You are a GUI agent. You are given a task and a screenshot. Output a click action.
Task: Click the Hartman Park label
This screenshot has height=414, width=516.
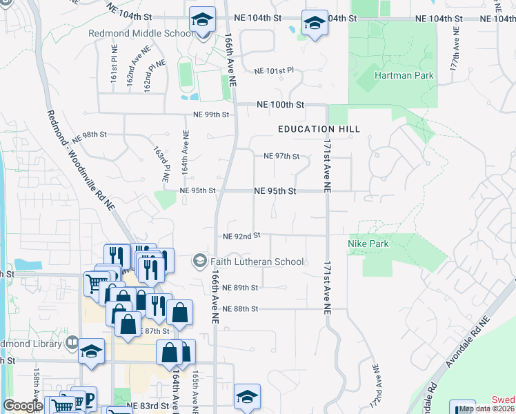[x=405, y=75]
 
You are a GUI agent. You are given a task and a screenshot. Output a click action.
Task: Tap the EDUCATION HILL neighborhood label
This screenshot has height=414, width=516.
[x=310, y=129]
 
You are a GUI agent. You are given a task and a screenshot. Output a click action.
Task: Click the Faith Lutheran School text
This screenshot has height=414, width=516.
[x=258, y=262]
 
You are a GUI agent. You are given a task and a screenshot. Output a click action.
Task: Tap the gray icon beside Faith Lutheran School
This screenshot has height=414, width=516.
[x=200, y=261]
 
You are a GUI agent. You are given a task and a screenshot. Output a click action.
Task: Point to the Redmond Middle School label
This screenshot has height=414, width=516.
[x=141, y=33]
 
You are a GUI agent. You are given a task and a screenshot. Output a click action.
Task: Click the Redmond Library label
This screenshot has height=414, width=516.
[x=31, y=343]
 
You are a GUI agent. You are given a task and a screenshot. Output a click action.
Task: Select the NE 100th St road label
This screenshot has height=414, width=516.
[x=280, y=105]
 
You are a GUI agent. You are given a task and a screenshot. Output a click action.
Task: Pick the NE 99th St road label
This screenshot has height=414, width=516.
[x=210, y=114]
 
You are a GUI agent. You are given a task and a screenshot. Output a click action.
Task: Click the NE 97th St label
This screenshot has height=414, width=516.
[x=281, y=156]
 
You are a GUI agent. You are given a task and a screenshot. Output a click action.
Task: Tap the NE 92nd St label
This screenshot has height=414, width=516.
[x=241, y=235]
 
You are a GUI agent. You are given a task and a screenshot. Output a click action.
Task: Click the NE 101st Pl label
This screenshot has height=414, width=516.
[x=274, y=70]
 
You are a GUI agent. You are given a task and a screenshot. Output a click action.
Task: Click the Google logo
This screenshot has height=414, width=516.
[x=23, y=405]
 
